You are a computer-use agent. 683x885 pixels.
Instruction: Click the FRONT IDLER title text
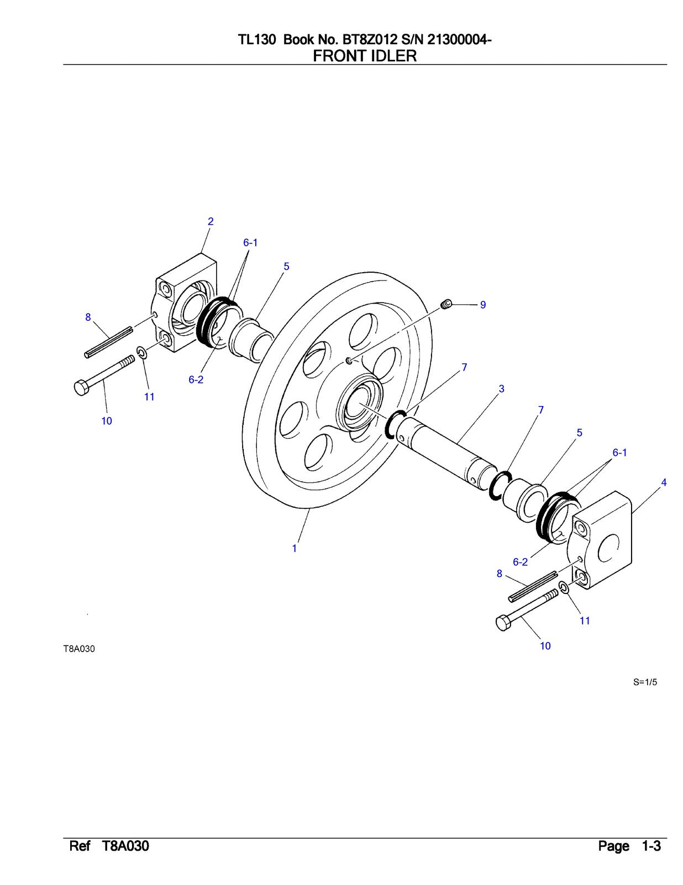pos(365,56)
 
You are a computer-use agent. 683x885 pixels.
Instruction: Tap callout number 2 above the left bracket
pos(211,221)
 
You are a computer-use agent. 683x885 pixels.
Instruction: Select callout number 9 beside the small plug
pos(483,305)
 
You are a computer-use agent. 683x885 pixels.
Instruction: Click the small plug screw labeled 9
pos(447,304)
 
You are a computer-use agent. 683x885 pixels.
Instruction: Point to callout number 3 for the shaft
pos(501,389)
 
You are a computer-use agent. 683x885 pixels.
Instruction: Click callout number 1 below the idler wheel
pos(295,548)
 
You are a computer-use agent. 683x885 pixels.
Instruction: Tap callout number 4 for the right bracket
pos(664,482)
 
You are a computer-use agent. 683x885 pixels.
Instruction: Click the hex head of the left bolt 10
pos(81,388)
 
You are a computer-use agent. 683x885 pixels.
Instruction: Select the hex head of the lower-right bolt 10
pos(503,623)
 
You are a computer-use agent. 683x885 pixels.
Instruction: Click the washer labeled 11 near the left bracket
pos(141,352)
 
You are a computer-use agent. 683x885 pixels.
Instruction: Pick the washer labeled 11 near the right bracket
pos(563,588)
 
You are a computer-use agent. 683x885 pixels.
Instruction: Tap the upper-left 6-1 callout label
pos(250,242)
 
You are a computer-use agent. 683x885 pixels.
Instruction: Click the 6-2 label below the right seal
pos(520,562)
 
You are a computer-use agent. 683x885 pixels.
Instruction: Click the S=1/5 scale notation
pos(645,682)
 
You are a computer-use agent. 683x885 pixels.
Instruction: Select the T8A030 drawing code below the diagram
pos(79,649)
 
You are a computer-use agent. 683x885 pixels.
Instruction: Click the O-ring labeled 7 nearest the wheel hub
pos(397,425)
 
